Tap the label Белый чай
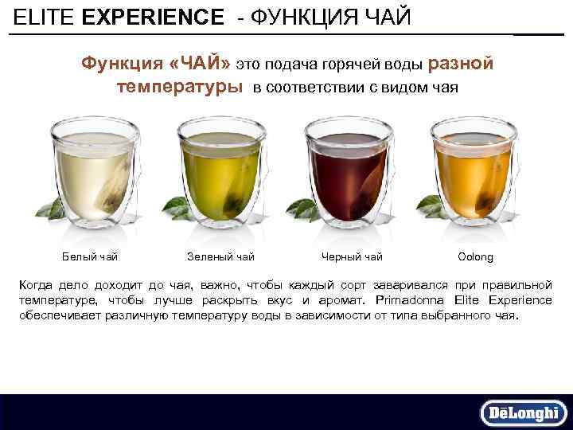90,256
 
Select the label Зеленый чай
220,256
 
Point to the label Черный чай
352,256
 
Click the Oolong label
476,256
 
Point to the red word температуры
180,86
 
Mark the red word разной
462,63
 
